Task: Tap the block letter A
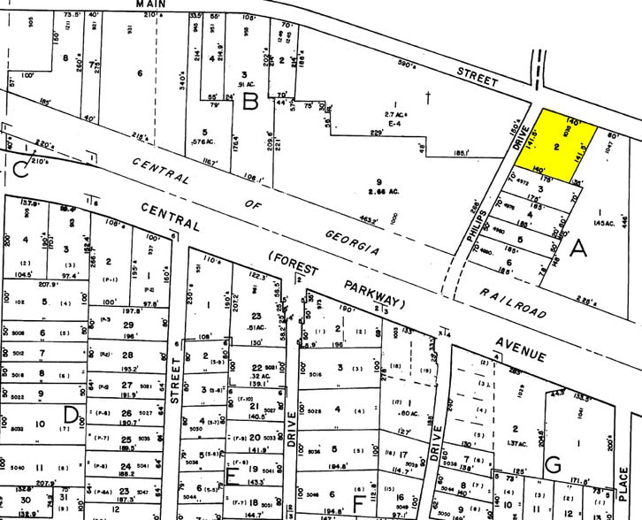tap(579, 249)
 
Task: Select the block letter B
tap(250, 103)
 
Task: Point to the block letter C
tap(19, 170)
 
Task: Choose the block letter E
tap(233, 478)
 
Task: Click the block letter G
tap(554, 463)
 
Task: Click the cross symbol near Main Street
tap(427, 98)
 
